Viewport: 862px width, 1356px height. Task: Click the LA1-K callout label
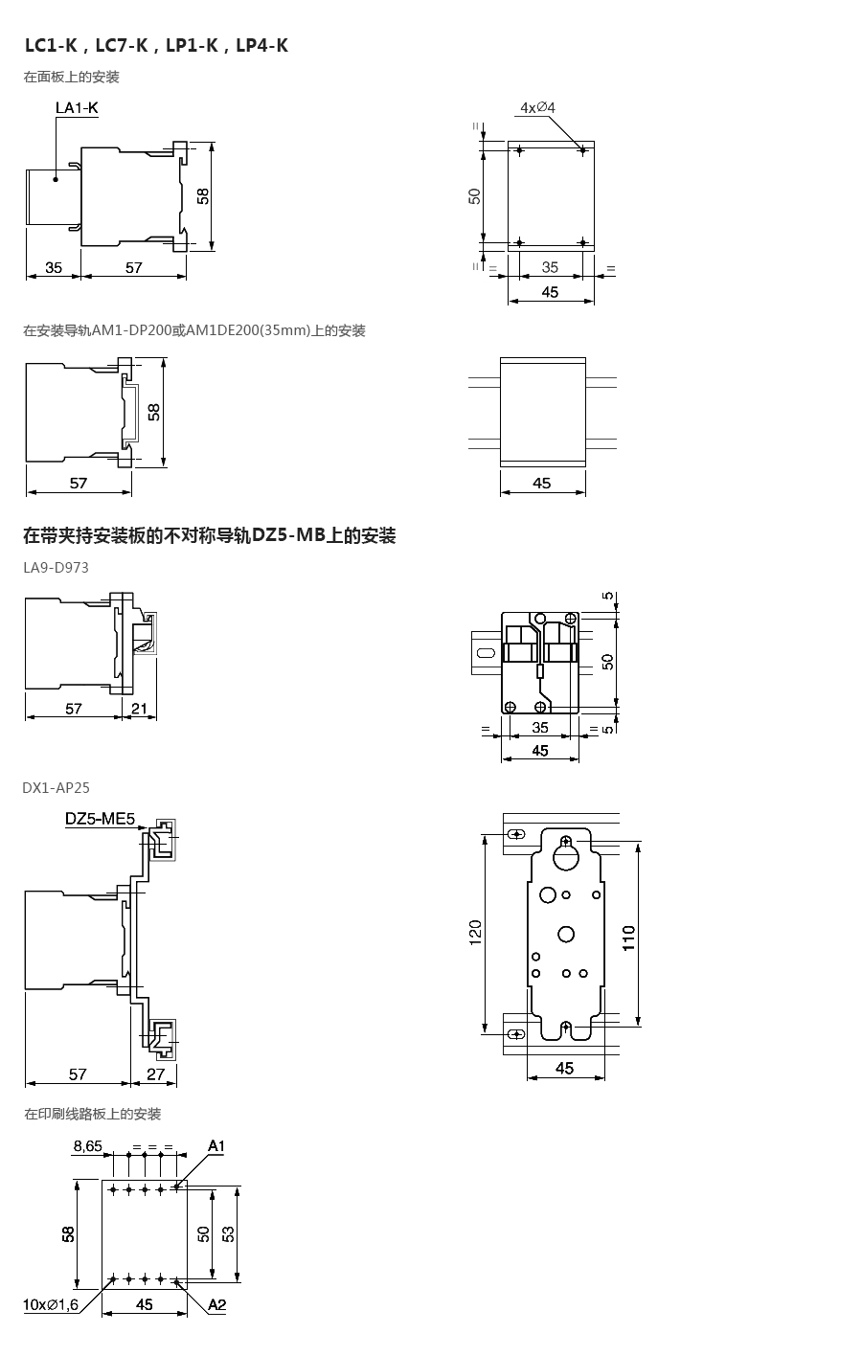[77, 109]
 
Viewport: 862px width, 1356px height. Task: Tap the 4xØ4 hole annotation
[537, 107]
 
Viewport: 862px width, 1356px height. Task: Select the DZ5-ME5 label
[101, 820]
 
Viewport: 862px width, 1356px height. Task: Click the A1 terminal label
[216, 1146]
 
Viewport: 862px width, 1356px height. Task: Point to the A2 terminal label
[216, 1304]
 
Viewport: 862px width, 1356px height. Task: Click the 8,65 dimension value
[87, 1146]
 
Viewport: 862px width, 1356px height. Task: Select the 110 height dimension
[629, 937]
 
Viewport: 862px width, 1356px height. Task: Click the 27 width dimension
[155, 1073]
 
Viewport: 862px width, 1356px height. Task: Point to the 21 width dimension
[139, 709]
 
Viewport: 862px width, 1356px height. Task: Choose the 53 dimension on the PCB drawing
[228, 1232]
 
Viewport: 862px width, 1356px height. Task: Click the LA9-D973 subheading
[56, 568]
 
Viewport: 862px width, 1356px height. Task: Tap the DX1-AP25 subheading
[56, 788]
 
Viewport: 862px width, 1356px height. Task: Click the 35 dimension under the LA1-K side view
[53, 267]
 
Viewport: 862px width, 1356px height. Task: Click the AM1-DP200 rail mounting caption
[193, 331]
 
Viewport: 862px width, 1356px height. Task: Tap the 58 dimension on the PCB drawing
[68, 1232]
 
